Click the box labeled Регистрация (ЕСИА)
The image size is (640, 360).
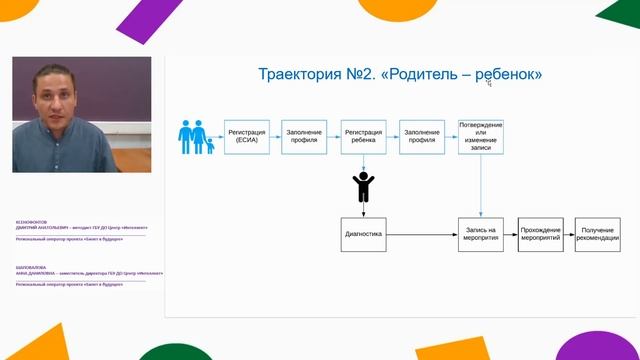[246, 136]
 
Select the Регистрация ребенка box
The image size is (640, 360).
[364, 136]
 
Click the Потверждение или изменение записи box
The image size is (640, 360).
[481, 136]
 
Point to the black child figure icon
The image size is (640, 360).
[364, 187]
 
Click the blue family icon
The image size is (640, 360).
[196, 138]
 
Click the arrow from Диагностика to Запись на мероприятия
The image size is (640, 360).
[421, 234]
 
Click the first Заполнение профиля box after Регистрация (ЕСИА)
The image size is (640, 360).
[304, 136]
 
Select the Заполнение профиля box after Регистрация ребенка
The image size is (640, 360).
[422, 136]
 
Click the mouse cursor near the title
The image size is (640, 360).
[488, 83]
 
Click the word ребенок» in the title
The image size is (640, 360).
[509, 75]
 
